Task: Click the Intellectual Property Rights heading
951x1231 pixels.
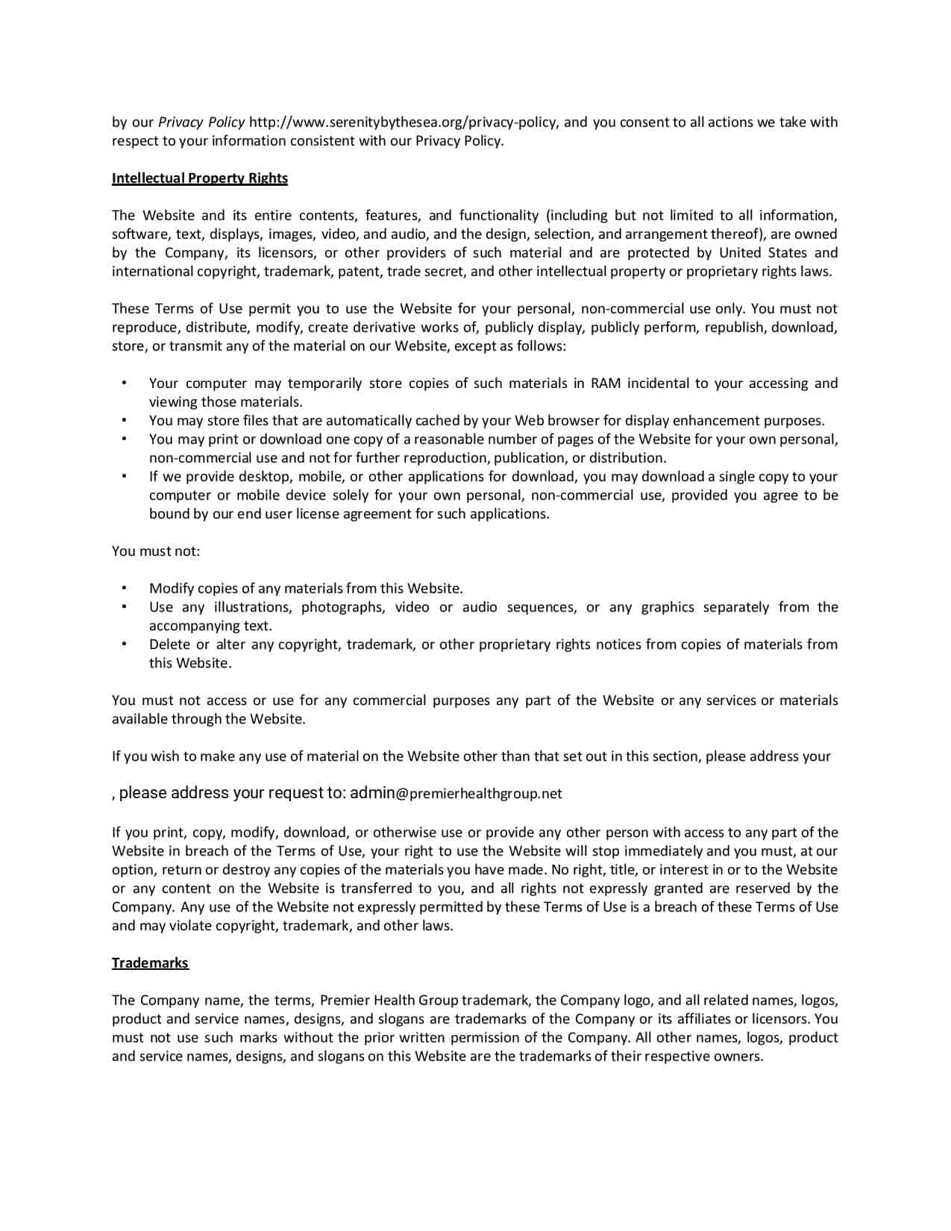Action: pos(199,178)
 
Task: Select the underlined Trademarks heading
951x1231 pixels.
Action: pos(150,963)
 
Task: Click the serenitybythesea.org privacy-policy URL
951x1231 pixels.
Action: pos(403,122)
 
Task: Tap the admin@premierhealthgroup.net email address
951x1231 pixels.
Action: pos(456,793)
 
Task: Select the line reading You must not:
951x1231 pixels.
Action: pos(156,551)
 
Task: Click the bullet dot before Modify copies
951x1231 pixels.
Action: pos(124,589)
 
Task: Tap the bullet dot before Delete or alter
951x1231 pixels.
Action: pos(124,645)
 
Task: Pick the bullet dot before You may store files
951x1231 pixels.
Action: pos(124,421)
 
